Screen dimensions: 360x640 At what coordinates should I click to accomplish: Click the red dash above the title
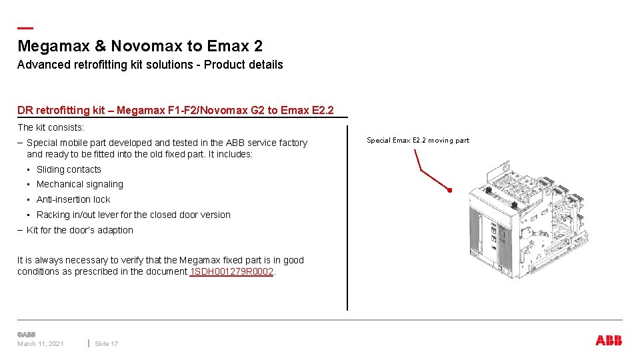coord(25,28)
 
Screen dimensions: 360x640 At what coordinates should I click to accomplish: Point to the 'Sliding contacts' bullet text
coord(69,169)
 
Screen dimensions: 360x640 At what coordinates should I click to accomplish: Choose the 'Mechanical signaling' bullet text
coord(79,184)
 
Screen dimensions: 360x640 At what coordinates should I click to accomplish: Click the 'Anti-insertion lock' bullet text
coord(73,199)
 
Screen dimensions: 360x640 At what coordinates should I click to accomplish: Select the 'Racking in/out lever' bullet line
coord(133,215)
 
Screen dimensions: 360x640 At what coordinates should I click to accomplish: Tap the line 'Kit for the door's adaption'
coord(79,230)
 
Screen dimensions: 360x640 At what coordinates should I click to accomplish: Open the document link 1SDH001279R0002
coord(232,271)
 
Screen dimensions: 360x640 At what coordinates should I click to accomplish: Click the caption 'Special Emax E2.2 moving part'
coord(418,140)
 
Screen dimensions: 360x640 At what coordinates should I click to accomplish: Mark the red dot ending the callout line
coord(450,191)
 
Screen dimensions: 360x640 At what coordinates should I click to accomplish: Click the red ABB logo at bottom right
coord(609,341)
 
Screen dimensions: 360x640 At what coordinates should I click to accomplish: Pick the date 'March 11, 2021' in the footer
coord(41,344)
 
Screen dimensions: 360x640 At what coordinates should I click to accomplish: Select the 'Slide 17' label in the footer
coord(107,344)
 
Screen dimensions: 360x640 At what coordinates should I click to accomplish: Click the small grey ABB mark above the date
coord(26,334)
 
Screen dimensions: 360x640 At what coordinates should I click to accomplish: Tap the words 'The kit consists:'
coord(51,127)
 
